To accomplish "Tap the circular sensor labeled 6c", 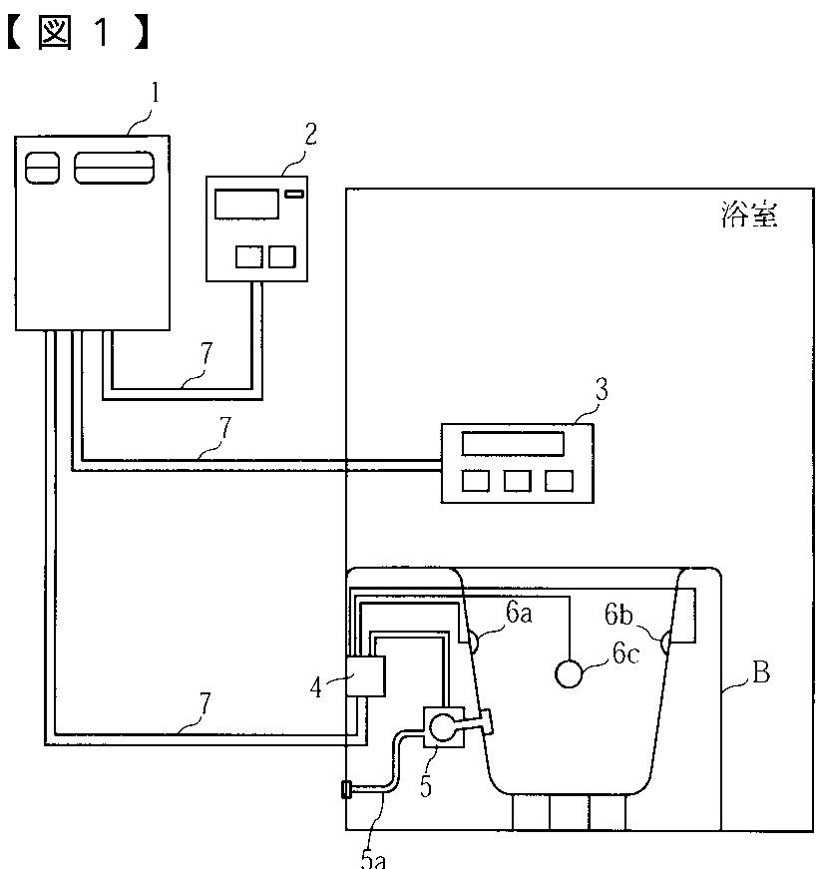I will point(570,674).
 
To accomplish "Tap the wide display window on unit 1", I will point(115,167).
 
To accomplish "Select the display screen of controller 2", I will point(245,204).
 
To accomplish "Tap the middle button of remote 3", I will point(518,481).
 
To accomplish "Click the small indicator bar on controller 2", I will point(293,193).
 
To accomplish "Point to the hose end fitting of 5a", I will point(346,790).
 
